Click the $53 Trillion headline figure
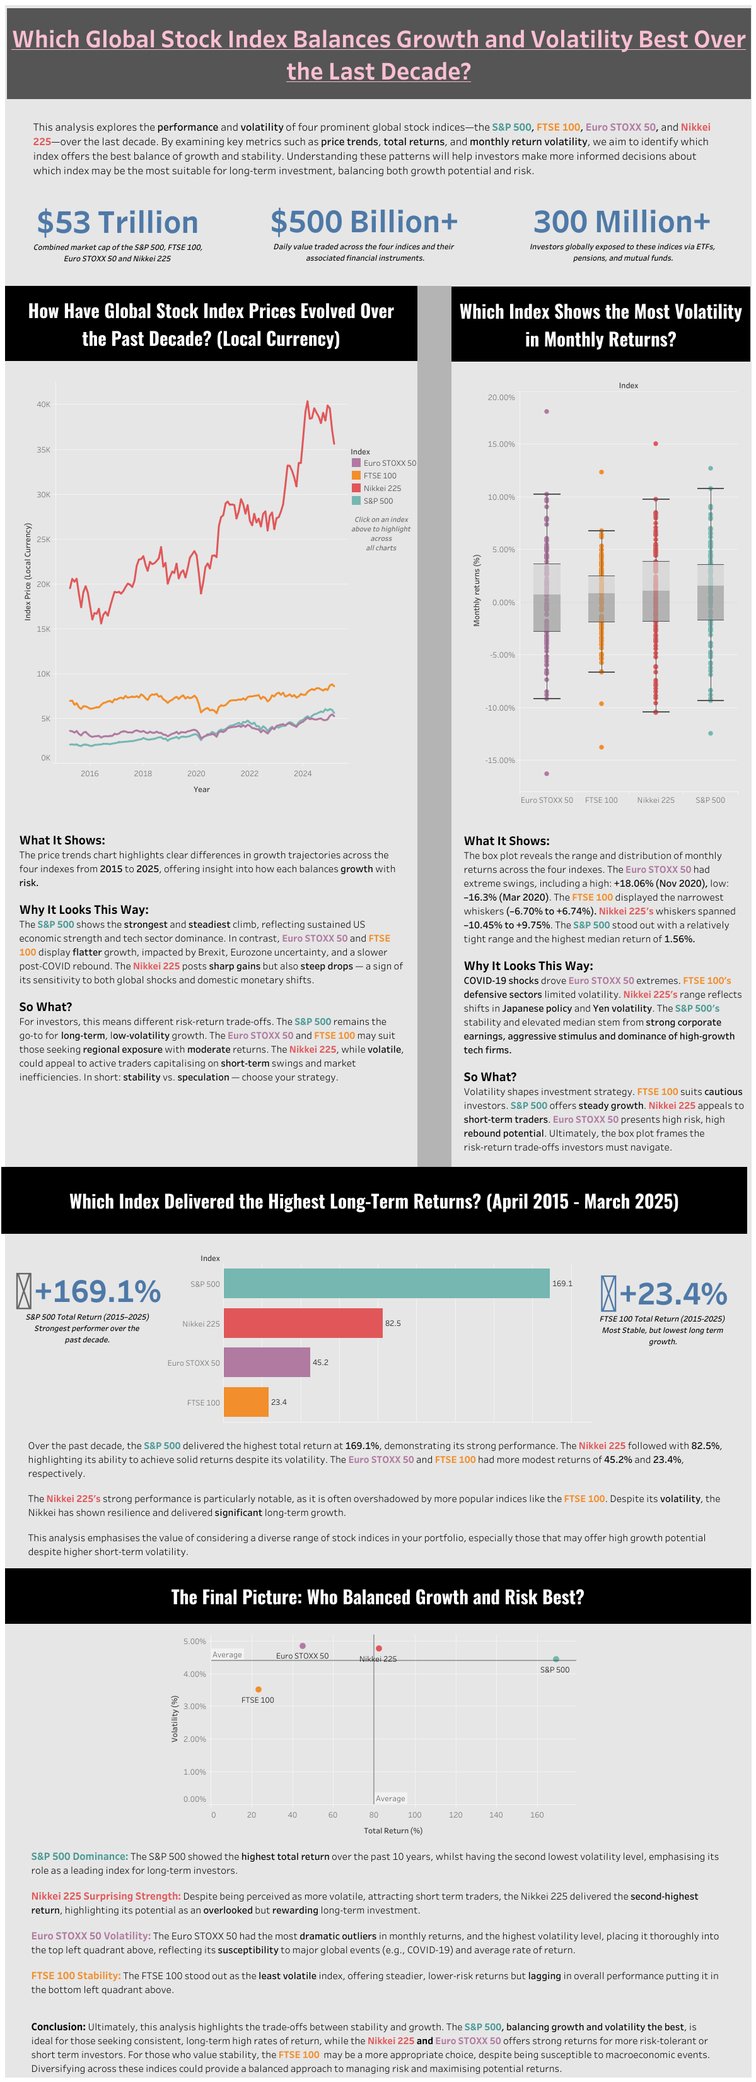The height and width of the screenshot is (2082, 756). pyautogui.click(x=117, y=222)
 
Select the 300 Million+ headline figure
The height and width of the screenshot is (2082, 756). pyautogui.click(x=621, y=222)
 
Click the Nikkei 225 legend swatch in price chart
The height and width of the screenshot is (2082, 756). pyautogui.click(x=356, y=488)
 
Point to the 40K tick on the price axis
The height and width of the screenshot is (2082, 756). pyautogui.click(x=43, y=404)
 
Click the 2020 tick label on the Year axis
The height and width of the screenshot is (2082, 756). pyautogui.click(x=196, y=774)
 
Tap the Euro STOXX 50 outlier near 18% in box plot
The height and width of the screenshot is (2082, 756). pyautogui.click(x=546, y=411)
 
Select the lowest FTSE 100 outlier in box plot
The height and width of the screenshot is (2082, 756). pyautogui.click(x=601, y=747)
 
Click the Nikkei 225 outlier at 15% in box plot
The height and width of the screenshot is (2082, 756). pyautogui.click(x=655, y=444)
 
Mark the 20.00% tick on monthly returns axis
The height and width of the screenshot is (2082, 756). pyautogui.click(x=501, y=398)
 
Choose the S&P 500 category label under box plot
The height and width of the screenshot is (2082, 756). pyautogui.click(x=710, y=800)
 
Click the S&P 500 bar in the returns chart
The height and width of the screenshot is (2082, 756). pyautogui.click(x=386, y=1284)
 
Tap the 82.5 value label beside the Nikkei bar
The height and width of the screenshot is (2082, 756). pyautogui.click(x=393, y=1323)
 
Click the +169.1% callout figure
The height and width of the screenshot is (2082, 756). pyautogui.click(x=97, y=1292)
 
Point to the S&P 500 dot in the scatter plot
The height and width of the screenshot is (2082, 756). pyautogui.click(x=555, y=1659)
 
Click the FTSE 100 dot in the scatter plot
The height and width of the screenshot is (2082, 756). pyautogui.click(x=258, y=1689)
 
